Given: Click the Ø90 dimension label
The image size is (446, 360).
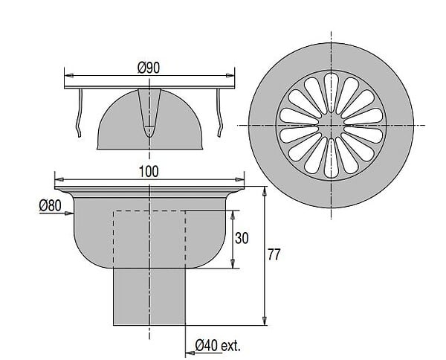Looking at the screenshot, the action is click(x=149, y=68).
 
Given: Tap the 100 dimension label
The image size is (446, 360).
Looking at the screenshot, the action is click(x=149, y=172).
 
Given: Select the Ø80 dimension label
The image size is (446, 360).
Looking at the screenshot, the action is click(x=50, y=205).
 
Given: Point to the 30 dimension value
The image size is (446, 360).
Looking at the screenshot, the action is click(x=242, y=238).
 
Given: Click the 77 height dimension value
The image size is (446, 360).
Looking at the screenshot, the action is click(x=274, y=254).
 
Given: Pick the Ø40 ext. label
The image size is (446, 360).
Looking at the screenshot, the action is click(x=218, y=346).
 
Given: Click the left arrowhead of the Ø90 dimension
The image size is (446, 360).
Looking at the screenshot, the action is click(x=69, y=75).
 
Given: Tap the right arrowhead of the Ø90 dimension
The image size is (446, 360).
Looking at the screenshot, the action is click(x=230, y=75).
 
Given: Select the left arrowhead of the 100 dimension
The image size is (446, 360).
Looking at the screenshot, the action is click(x=59, y=179).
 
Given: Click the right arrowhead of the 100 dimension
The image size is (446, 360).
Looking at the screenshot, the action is click(x=239, y=179).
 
